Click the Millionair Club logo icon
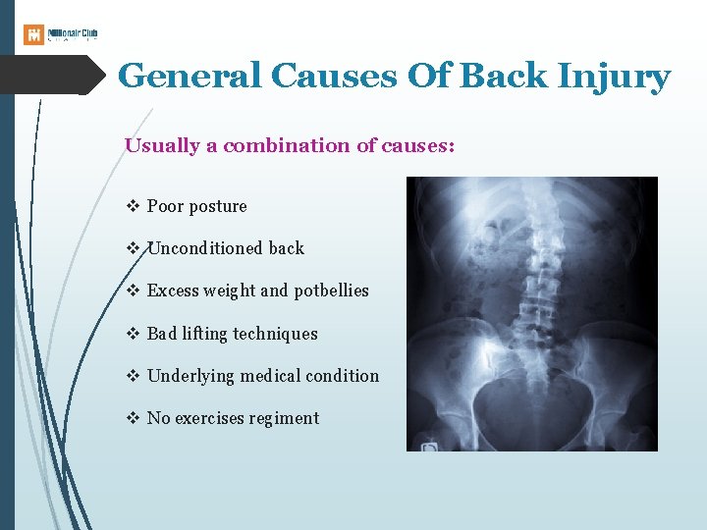[33, 34]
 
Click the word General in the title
[190, 76]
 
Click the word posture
[218, 206]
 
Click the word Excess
[172, 291]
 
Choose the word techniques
[276, 334]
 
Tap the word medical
[263, 376]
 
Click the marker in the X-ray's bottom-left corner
[429, 447]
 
